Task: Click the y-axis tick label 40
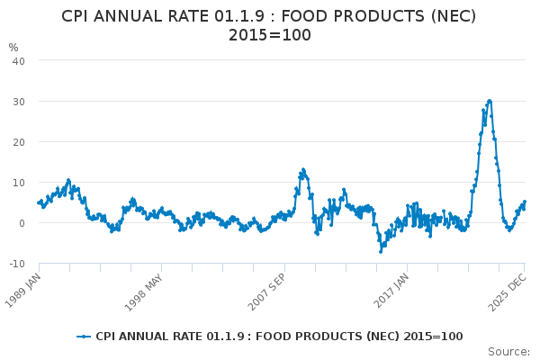(x=18, y=60)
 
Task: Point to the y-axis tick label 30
(x=18, y=101)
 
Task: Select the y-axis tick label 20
(x=18, y=141)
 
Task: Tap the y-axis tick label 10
(x=18, y=182)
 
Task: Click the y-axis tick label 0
(x=21, y=222)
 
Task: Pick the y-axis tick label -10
(x=16, y=263)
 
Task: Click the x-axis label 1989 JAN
(x=24, y=289)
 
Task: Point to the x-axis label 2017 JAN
(x=391, y=289)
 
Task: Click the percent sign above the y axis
(x=13, y=47)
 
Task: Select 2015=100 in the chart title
(x=270, y=35)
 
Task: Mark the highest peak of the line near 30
(x=489, y=101)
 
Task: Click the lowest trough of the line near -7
(x=381, y=251)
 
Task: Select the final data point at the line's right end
(x=525, y=202)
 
